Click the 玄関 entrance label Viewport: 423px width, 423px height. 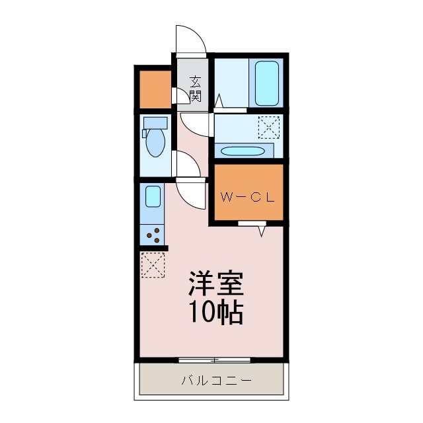(195, 89)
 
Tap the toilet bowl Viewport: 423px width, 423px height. (156, 143)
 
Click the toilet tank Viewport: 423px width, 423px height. (155, 124)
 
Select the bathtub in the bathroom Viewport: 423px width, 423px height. (266, 83)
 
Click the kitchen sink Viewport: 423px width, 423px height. (153, 196)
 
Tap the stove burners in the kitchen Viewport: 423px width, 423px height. (153, 234)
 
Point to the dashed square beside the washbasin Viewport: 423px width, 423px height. (268, 127)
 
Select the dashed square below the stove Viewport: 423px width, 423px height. (153, 264)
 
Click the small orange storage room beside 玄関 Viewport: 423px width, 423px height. (154, 88)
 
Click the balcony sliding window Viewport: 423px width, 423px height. (215, 360)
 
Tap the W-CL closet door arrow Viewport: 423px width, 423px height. (261, 229)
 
